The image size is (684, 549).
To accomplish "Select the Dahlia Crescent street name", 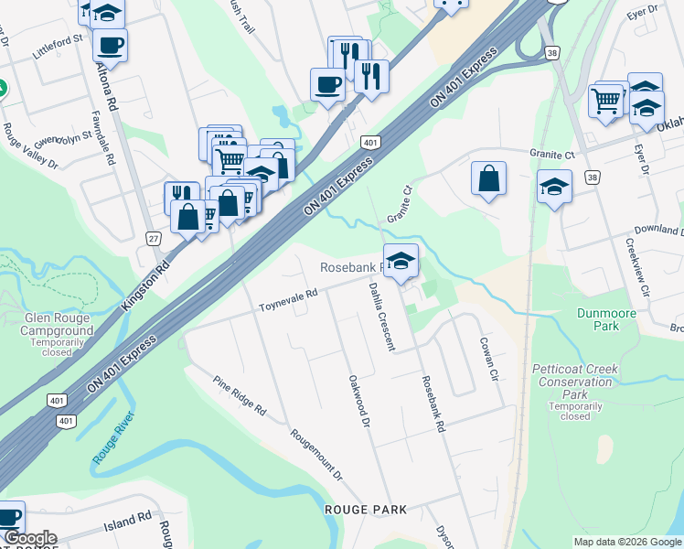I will [381, 316].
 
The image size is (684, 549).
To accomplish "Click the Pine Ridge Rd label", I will [239, 396].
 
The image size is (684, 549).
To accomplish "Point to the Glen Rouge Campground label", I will [59, 324].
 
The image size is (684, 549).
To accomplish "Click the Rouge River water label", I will [113, 437].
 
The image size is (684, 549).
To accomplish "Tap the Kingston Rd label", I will [145, 287].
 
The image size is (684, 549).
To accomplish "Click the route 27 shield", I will [153, 238].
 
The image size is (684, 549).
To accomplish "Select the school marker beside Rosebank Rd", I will [401, 260].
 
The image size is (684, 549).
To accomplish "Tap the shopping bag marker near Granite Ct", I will [489, 178].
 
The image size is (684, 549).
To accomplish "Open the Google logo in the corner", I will [29, 539].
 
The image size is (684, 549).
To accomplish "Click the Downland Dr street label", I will [659, 229].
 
